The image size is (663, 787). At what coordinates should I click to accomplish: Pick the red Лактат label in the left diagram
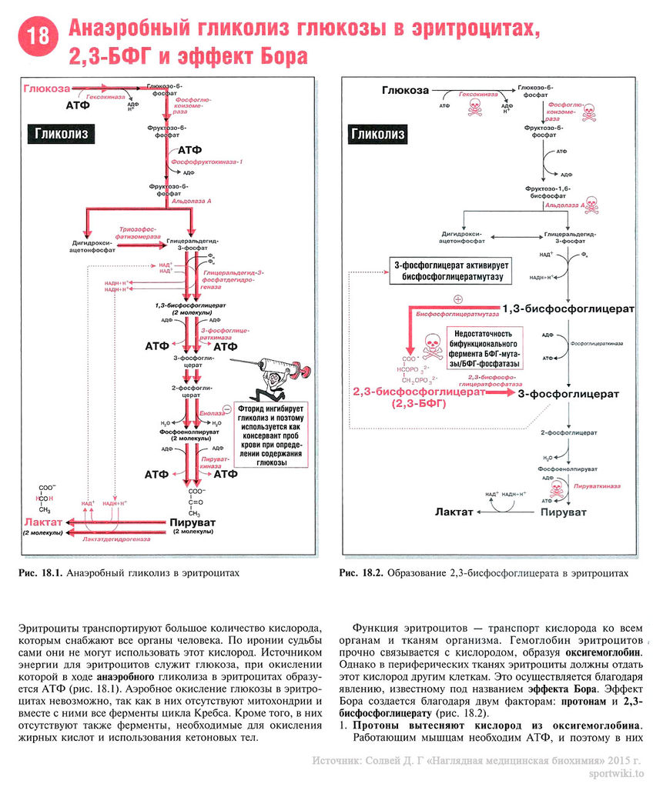click(x=42, y=522)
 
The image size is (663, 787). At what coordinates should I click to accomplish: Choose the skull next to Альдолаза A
click(x=591, y=205)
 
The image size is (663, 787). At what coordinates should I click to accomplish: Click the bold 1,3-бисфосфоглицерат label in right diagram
click(x=568, y=308)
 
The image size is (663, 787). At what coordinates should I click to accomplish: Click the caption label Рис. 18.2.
click(x=361, y=573)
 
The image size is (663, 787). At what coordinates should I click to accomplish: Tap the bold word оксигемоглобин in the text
click(x=607, y=652)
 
